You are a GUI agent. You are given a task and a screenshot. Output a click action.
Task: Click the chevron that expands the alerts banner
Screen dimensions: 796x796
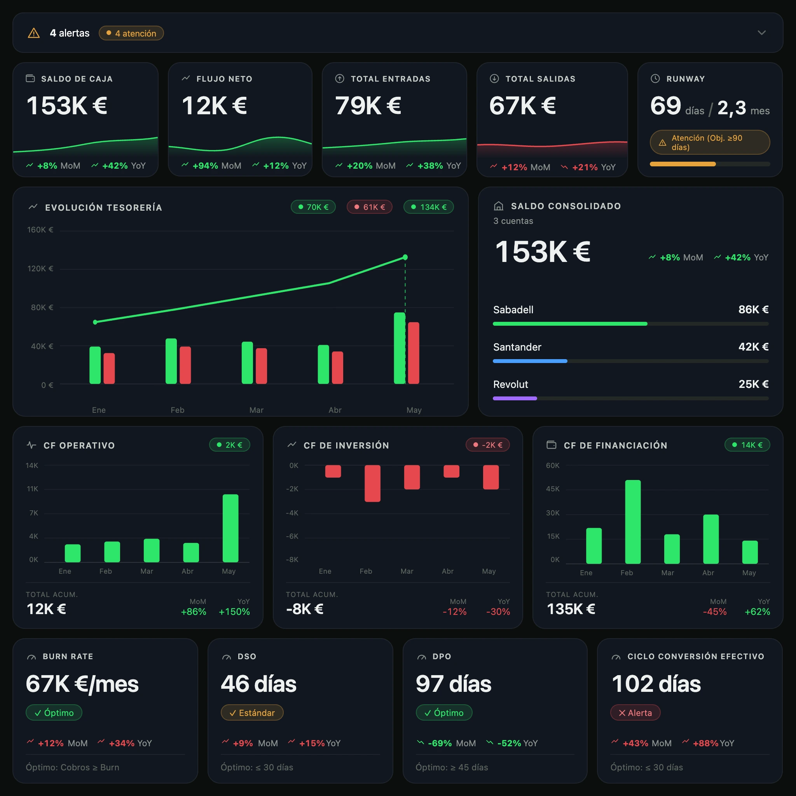pos(761,33)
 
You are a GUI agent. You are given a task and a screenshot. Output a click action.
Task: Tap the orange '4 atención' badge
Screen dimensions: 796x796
pos(131,33)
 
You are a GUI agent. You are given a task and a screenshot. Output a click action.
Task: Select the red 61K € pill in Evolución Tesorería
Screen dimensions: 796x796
pos(370,207)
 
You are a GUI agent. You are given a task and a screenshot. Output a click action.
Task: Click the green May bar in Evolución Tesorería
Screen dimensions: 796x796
pos(399,348)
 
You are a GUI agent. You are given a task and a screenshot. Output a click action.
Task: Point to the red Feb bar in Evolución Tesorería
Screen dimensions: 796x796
pos(185,365)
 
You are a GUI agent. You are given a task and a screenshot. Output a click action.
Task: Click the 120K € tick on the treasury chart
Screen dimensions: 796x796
pos(40,269)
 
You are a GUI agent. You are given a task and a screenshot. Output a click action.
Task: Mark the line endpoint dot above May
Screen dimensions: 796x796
pos(405,257)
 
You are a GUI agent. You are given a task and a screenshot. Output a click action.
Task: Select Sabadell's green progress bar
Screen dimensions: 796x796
pos(570,324)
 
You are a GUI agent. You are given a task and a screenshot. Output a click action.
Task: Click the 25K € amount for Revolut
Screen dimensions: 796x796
pos(753,384)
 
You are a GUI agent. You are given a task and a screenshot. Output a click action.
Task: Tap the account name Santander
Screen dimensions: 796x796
pos(517,347)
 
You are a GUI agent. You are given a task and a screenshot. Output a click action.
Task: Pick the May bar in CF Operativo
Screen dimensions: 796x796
pos(230,528)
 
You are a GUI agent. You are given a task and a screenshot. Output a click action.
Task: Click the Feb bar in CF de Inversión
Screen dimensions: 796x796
pos(372,483)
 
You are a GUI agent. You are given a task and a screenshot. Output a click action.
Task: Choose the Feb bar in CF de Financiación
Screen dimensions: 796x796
pos(632,522)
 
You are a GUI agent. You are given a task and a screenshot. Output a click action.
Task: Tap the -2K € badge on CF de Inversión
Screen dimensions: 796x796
pos(487,445)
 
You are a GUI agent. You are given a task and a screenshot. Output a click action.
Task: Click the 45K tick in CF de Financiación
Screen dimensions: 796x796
pos(553,489)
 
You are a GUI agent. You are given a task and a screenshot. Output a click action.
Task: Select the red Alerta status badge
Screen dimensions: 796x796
pos(635,713)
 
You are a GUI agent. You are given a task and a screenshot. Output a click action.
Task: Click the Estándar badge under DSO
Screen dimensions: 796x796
pos(252,713)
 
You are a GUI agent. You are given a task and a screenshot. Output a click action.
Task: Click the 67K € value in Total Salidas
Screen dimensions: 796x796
pos(522,105)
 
